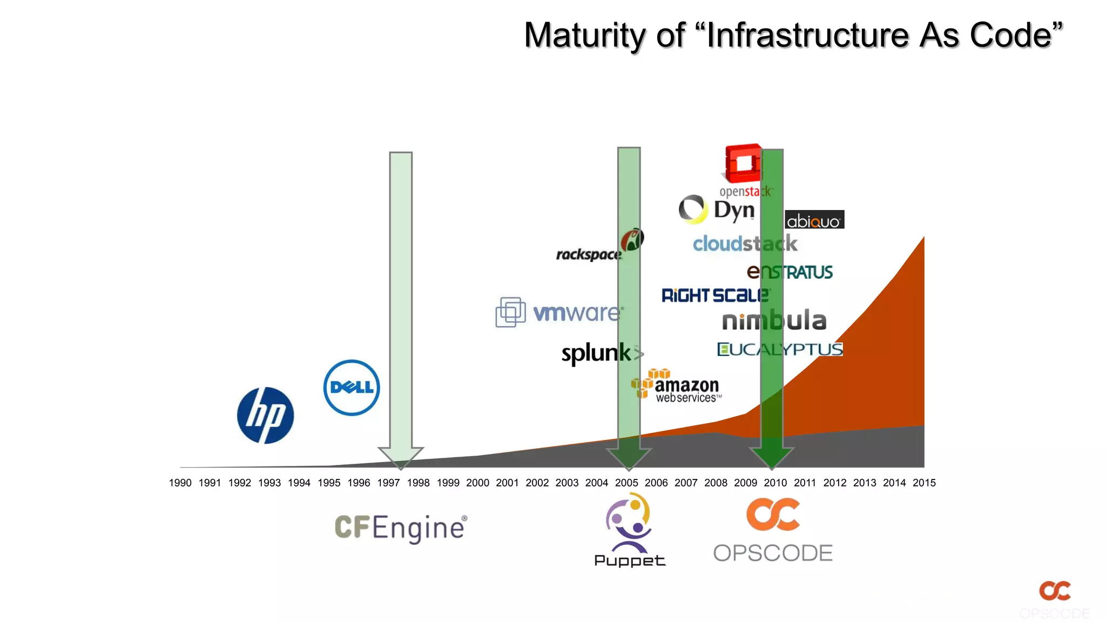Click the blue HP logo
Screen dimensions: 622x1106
265,415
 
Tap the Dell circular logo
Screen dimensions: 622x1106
352,387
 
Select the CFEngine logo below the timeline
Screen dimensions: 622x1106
400,528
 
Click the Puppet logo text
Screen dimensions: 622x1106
630,560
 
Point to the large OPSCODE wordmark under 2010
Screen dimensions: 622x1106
773,553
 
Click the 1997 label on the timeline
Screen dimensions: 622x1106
388,483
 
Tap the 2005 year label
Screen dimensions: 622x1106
626,483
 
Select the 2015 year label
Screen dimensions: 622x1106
924,483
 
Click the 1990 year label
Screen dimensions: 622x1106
180,483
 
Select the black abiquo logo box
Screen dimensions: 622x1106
814,220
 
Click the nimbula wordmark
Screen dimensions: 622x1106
774,321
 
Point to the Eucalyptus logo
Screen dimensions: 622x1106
779,349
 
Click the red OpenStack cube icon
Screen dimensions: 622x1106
743,163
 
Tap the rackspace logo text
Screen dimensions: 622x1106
589,254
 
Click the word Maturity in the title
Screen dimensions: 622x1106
585,36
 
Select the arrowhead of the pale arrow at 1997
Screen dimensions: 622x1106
401,457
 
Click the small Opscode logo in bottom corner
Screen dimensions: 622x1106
1055,591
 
